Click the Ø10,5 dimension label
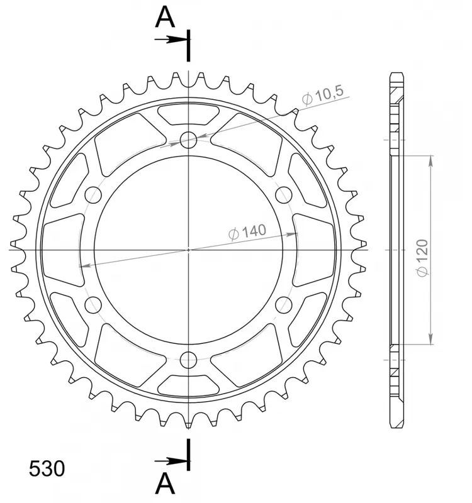[x=323, y=94]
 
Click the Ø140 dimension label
[x=247, y=231]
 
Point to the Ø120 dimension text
[x=422, y=258]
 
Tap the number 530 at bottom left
[x=47, y=468]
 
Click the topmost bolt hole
[x=188, y=140]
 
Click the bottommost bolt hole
[x=188, y=360]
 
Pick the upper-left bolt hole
[x=93, y=195]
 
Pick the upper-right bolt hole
[x=284, y=195]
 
